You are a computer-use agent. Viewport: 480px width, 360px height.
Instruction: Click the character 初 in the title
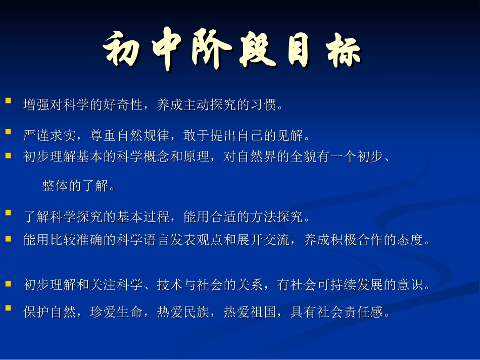click(x=121, y=51)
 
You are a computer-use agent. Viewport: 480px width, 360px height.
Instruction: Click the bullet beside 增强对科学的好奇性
click(x=8, y=101)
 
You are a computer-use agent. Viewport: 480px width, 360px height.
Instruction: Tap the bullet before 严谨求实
click(x=8, y=131)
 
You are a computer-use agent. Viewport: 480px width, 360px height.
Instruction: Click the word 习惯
click(x=265, y=106)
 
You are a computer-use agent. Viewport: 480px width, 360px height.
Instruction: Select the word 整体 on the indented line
click(x=55, y=186)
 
